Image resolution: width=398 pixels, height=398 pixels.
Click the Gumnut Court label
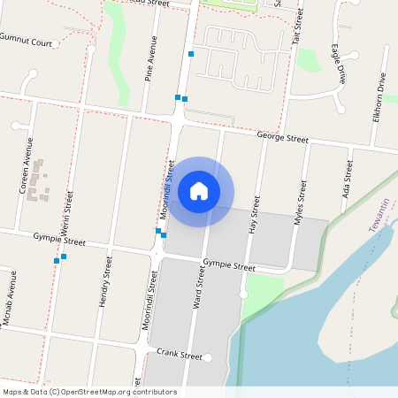(26, 39)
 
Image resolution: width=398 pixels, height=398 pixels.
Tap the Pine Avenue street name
(151, 59)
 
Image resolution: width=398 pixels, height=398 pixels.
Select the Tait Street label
(297, 27)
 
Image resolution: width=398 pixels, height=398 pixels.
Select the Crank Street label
(173, 354)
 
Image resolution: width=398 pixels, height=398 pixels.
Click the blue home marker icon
(199, 190)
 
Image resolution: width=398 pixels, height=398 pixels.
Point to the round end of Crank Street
(209, 358)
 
